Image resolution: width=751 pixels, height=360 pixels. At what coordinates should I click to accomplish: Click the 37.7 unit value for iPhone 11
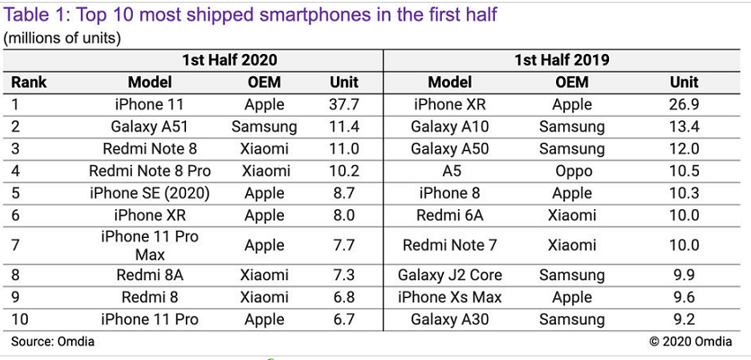point(344,104)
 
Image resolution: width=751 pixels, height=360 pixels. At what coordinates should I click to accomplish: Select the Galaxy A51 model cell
point(149,127)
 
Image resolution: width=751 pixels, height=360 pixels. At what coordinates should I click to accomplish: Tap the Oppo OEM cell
point(571,171)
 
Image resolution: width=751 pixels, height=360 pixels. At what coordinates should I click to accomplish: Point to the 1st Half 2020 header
point(229,60)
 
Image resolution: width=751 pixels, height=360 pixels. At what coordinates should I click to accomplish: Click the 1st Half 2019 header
point(561,60)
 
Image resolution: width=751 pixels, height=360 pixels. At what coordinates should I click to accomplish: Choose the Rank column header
point(29,83)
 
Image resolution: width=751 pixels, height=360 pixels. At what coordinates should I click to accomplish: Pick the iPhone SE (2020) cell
point(149,192)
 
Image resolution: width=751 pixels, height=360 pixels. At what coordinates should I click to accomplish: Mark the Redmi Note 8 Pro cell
point(149,171)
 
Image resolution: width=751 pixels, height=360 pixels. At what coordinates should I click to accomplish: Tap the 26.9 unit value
point(684,104)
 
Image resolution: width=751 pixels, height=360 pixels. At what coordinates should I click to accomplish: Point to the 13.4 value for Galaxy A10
point(684,127)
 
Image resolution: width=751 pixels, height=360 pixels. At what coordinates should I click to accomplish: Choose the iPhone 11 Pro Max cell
point(149,245)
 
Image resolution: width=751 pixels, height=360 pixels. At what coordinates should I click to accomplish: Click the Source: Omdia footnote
point(52,341)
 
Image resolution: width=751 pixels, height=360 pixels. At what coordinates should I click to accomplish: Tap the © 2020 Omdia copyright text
point(692,341)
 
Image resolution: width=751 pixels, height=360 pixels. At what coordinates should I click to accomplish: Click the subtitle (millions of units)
point(63,38)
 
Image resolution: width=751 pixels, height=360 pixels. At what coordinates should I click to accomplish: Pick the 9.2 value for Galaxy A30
point(684,320)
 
